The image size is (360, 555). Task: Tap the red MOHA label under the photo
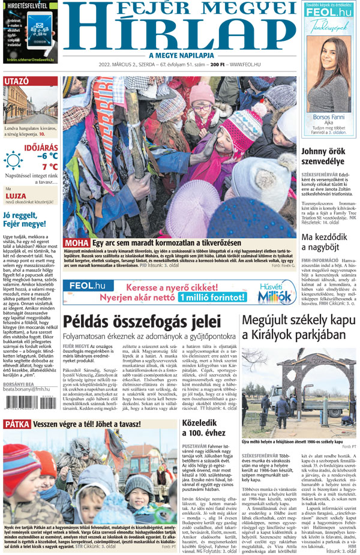[x=77, y=243]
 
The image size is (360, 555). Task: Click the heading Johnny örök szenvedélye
[x=329, y=156]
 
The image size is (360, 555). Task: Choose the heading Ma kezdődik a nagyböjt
[x=329, y=244]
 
